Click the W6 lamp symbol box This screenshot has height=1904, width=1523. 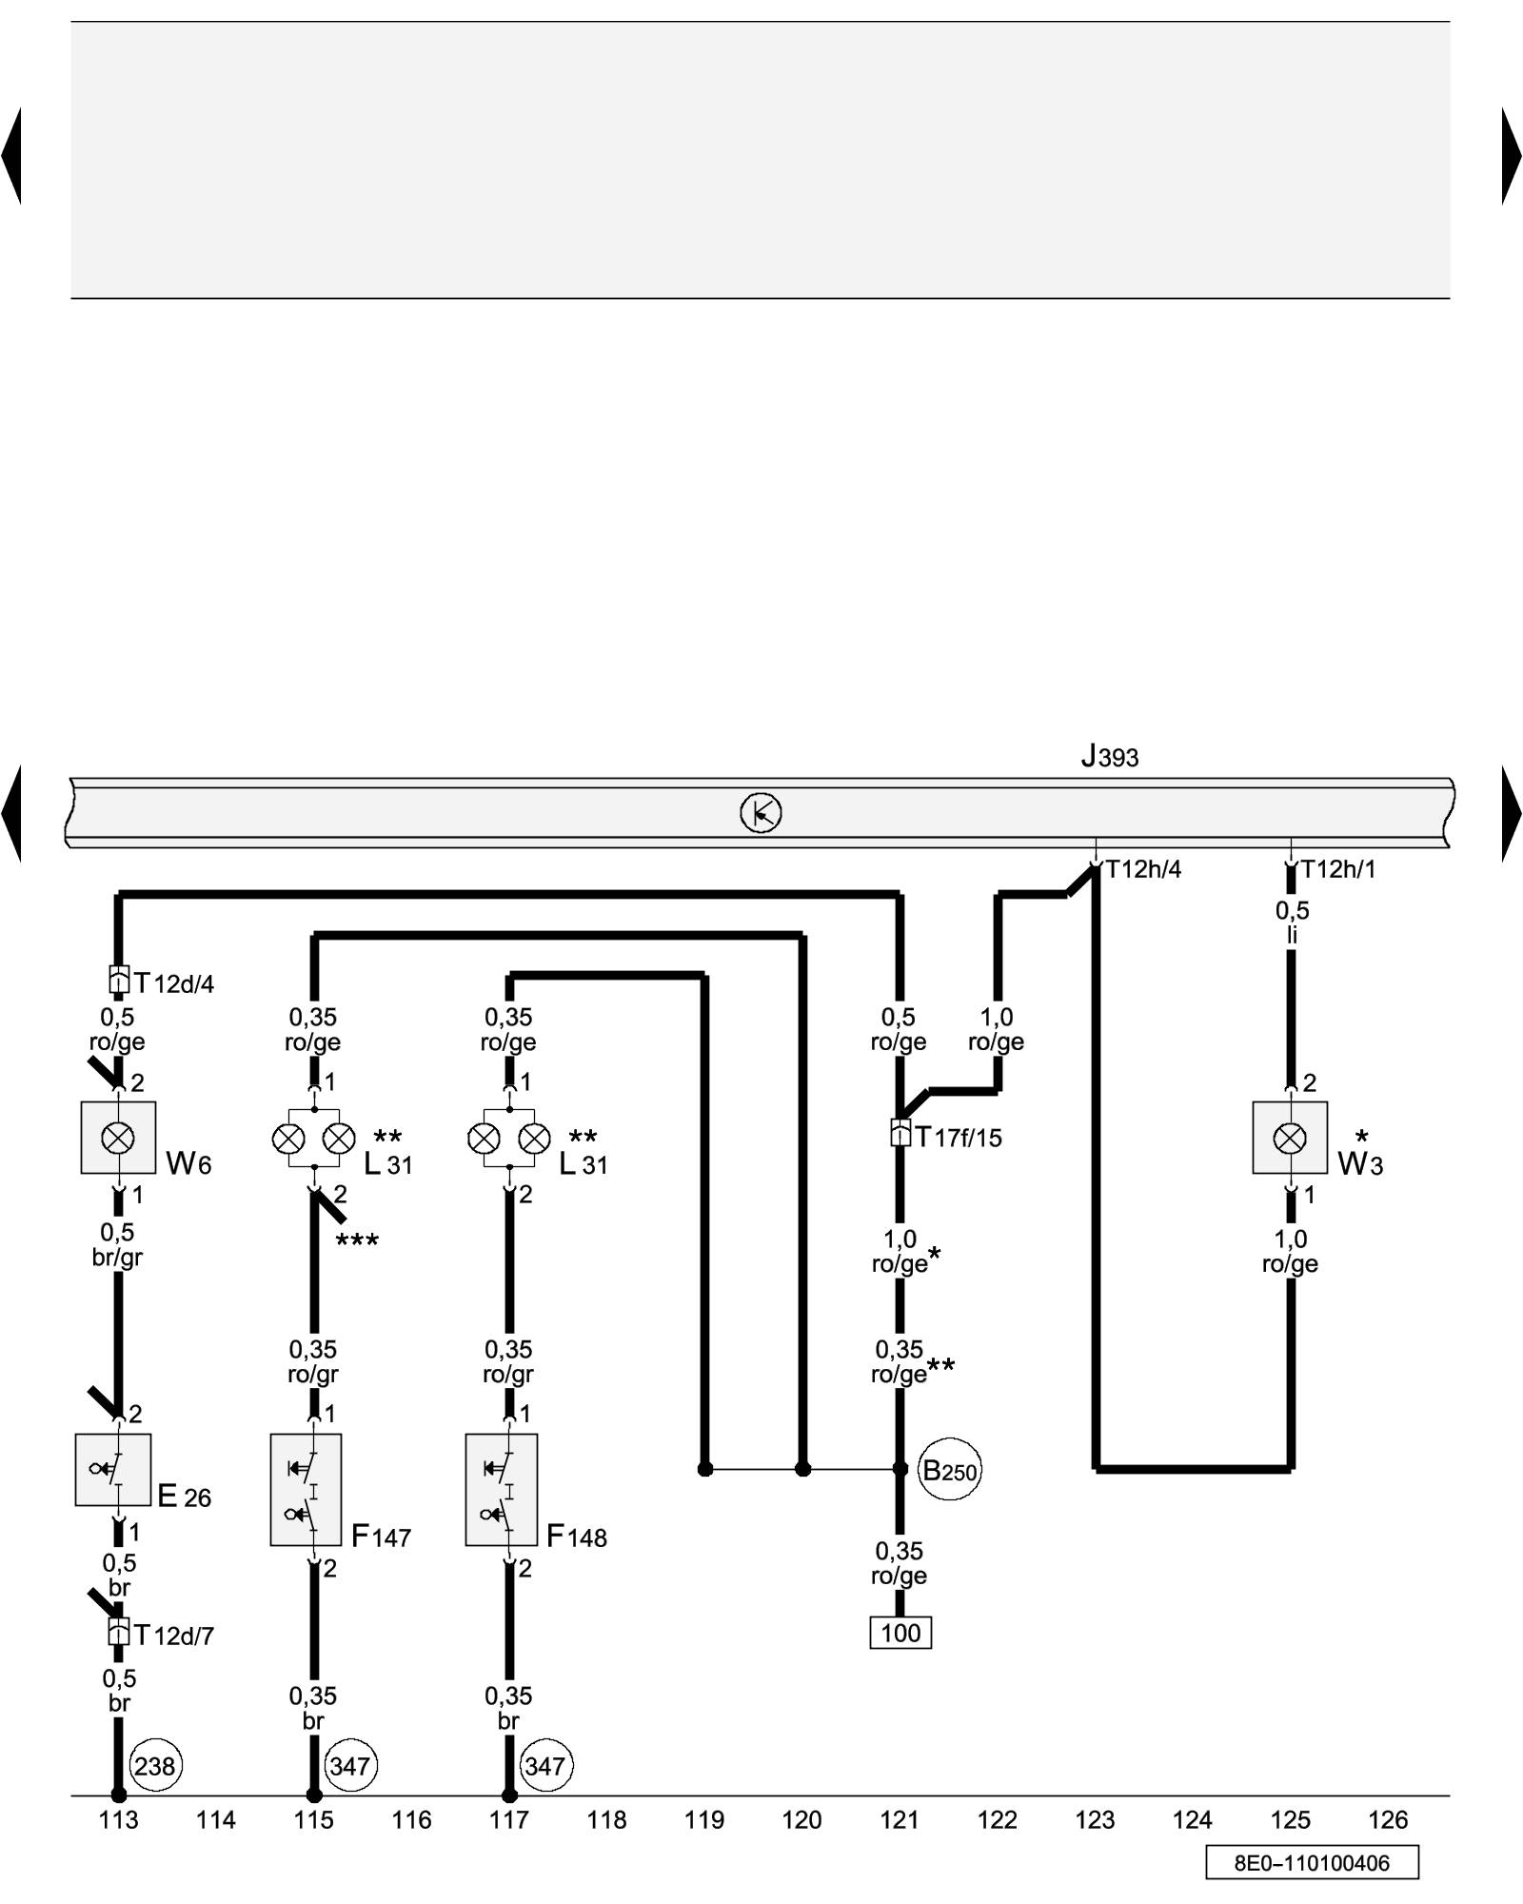pyautogui.click(x=118, y=1138)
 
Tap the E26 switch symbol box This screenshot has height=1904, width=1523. pyautogui.click(x=113, y=1470)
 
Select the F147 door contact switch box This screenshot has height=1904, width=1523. pyautogui.click(x=307, y=1490)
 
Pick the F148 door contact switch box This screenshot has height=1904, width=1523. pyautogui.click(x=502, y=1490)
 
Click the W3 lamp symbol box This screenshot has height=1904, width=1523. pyautogui.click(x=1290, y=1138)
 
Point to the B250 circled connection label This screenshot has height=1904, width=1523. pyautogui.click(x=950, y=1471)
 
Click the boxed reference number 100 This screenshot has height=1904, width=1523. pyautogui.click(x=900, y=1634)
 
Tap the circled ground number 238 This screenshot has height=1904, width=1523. pyautogui.click(x=154, y=1767)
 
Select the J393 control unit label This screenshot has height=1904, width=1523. pyautogui.click(x=1110, y=758)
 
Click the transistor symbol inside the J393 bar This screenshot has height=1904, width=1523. pyautogui.click(x=761, y=813)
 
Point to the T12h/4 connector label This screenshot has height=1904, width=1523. pyautogui.click(x=1143, y=869)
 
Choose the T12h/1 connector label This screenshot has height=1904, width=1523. pyautogui.click(x=1338, y=869)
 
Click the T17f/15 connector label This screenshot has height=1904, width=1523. pyautogui.click(x=959, y=1138)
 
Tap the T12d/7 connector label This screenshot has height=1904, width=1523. pyautogui.click(x=174, y=1636)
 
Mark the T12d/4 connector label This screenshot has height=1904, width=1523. pyautogui.click(x=174, y=982)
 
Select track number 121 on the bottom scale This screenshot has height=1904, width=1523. pyautogui.click(x=900, y=1820)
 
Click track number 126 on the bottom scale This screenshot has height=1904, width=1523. pyautogui.click(x=1388, y=1820)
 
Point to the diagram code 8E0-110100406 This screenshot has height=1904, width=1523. pyautogui.click(x=1312, y=1863)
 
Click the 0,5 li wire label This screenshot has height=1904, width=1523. pyautogui.click(x=1292, y=922)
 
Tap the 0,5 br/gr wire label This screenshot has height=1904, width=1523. pyautogui.click(x=117, y=1245)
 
